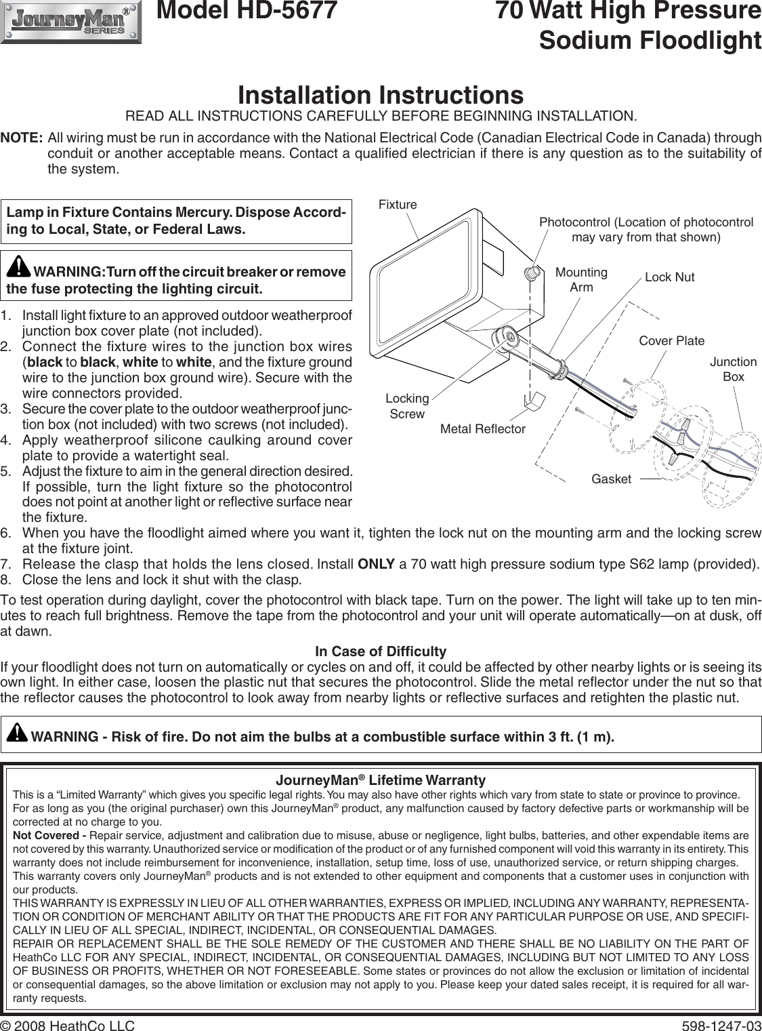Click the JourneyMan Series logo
[x=71, y=22]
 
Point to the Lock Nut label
[x=669, y=277]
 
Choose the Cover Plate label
[x=671, y=340]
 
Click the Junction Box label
[x=733, y=369]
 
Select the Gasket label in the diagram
[x=611, y=479]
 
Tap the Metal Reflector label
[x=483, y=428]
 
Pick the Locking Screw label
[x=407, y=405]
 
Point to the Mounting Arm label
[x=581, y=279]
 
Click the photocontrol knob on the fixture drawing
[x=532, y=273]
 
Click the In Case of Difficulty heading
[x=381, y=652]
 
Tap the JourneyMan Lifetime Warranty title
[x=381, y=780]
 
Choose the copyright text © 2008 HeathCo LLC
[x=68, y=1024]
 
